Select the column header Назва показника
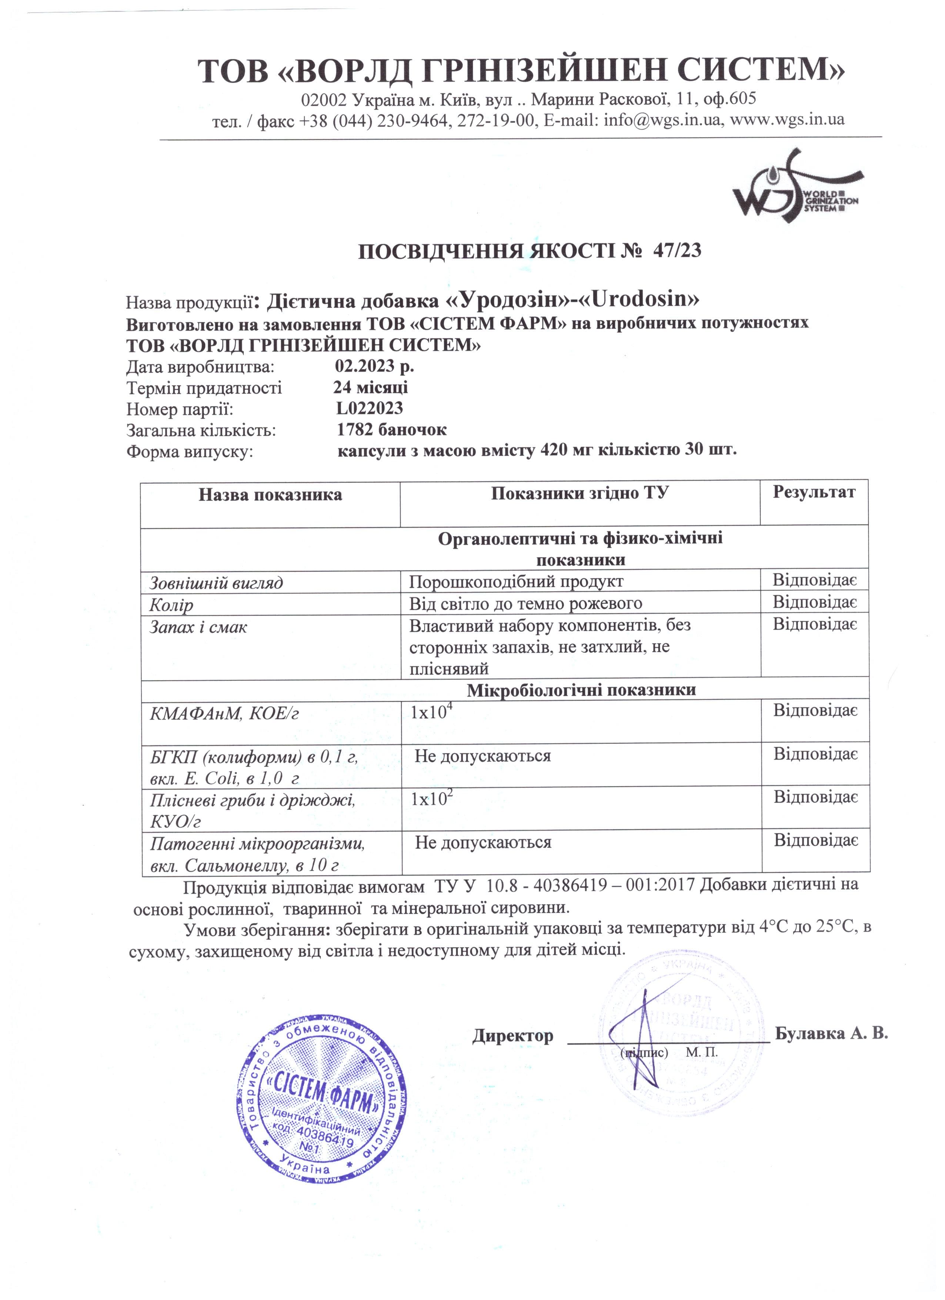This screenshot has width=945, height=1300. (270, 495)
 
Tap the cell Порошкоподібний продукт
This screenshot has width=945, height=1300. (516, 582)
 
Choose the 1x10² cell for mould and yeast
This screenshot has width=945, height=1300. (431, 799)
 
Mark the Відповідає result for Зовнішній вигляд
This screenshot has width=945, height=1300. (814, 580)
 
